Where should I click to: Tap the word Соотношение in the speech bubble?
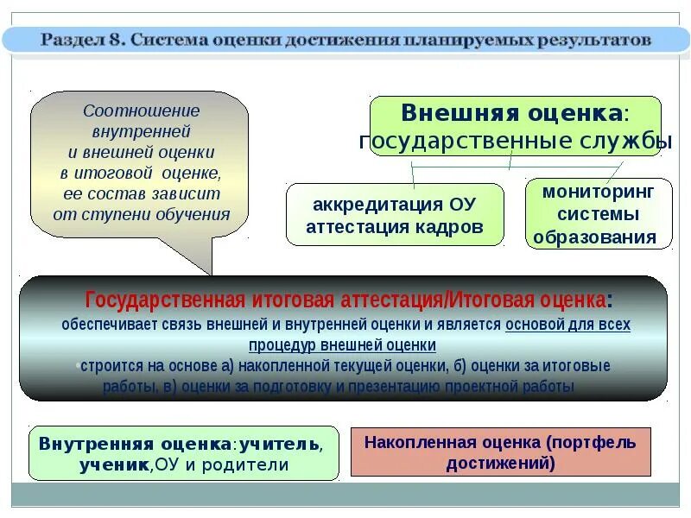click(141, 111)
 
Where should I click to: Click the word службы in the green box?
click(618, 141)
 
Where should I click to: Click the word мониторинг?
click(599, 191)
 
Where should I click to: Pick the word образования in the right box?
click(595, 237)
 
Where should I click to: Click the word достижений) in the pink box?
click(501, 462)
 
